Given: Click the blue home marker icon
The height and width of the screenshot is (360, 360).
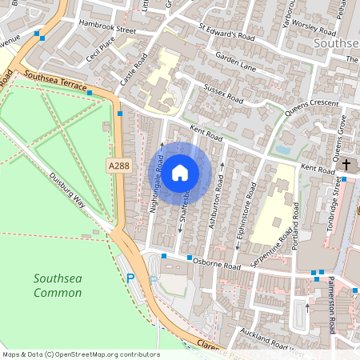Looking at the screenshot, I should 180,173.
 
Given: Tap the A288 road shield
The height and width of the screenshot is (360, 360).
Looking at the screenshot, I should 118,165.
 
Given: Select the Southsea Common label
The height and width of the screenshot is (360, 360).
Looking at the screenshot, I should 58,286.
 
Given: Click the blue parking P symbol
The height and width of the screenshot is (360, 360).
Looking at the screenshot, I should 131,278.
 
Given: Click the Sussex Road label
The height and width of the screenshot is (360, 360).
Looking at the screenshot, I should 223,91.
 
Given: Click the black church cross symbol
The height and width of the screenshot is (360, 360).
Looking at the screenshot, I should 346,165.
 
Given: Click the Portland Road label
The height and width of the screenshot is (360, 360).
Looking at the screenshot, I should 295,225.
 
